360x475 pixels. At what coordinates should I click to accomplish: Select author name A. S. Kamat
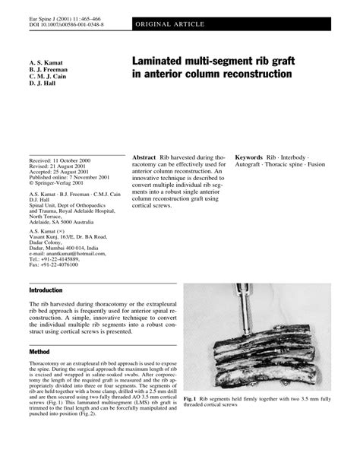click(x=44, y=58)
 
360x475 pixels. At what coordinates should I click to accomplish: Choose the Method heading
click(x=39, y=353)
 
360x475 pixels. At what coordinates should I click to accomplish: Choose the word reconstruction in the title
click(x=254, y=74)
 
